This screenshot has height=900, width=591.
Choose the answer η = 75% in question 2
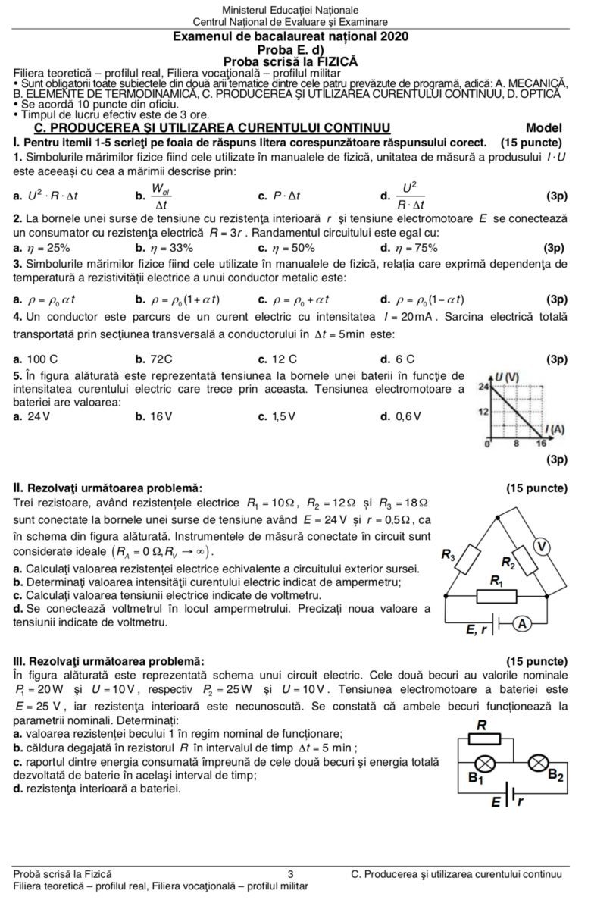[x=412, y=248]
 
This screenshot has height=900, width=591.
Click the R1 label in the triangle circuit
[x=496, y=582]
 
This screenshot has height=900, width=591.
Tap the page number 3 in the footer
[x=291, y=874]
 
